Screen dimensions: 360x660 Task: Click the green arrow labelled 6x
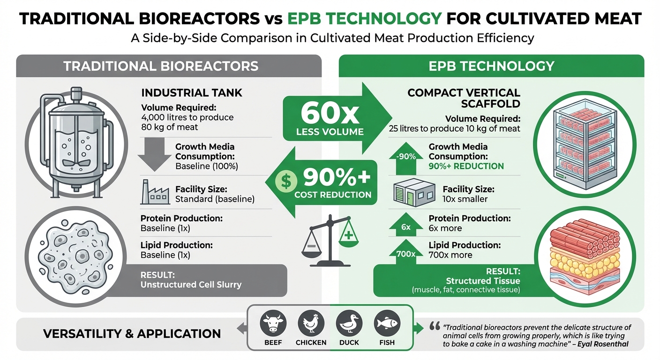point(406,225)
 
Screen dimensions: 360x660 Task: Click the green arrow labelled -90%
point(406,155)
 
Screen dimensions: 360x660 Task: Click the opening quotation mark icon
point(434,326)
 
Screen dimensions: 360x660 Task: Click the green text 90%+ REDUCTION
point(466,166)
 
